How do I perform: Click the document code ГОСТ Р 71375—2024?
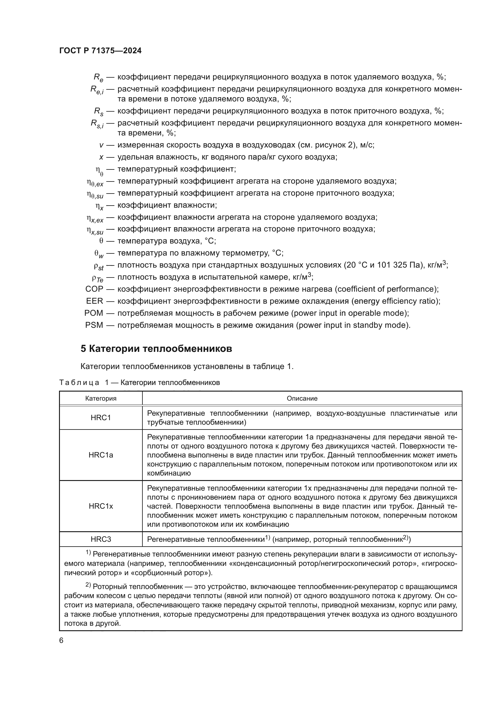[100, 51]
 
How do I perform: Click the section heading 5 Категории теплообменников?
[156, 349]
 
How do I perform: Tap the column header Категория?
[101, 398]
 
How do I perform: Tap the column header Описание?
[302, 398]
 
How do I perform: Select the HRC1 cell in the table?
[101, 418]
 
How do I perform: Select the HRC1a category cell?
[101, 455]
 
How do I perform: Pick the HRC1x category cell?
[101, 506]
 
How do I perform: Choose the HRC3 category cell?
[101, 539]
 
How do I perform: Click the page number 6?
[61, 640]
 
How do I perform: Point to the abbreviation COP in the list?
[94, 289]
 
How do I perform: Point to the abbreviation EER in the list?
[95, 301]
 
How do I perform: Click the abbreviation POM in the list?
[94, 313]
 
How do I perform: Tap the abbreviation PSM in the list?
[94, 325]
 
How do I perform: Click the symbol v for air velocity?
[101, 145]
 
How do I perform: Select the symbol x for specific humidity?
[101, 157]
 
